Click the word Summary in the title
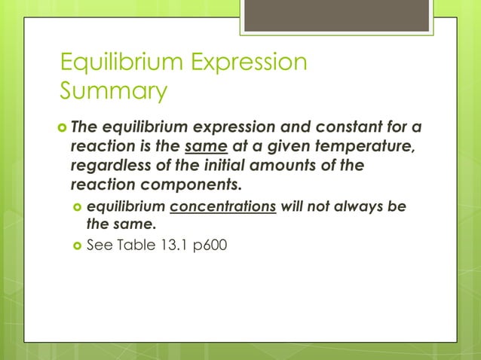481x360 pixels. point(113,91)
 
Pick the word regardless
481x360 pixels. point(111,164)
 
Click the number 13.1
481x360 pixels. point(174,244)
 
